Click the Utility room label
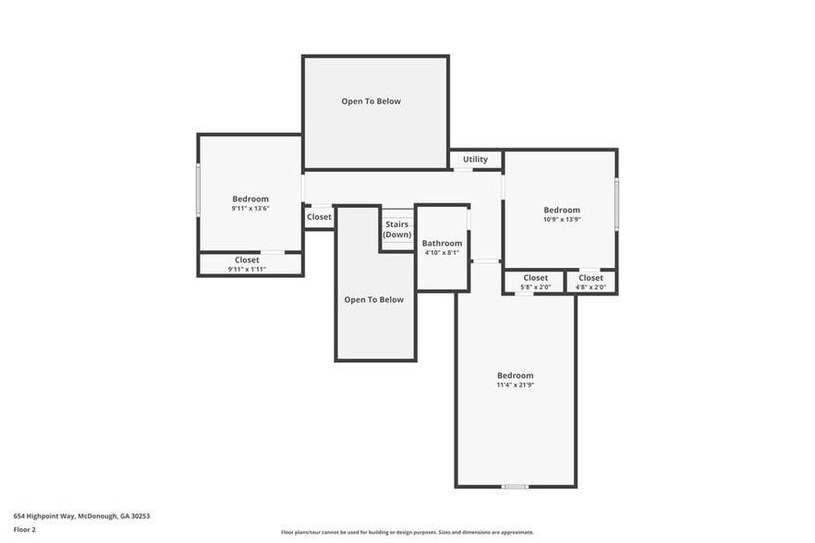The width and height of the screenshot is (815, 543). (475, 160)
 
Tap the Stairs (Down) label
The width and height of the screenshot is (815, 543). (397, 229)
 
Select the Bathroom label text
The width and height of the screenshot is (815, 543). (442, 244)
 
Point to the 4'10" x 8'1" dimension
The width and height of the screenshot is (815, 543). (442, 253)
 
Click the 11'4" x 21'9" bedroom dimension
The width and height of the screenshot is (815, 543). (516, 385)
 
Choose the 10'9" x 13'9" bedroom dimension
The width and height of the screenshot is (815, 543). (562, 220)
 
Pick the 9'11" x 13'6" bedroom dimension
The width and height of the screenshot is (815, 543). (250, 209)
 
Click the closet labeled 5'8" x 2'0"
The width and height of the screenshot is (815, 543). (535, 283)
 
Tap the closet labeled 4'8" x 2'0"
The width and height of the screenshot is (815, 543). (590, 283)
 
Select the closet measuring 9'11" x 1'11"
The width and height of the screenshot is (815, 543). (247, 264)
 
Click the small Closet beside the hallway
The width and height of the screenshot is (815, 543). (319, 217)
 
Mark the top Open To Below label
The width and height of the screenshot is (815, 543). (371, 102)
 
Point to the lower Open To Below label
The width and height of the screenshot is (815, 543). (374, 299)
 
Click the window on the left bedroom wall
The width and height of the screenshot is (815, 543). (198, 190)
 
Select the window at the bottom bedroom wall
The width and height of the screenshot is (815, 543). (515, 487)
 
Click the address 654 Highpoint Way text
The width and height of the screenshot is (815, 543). (81, 516)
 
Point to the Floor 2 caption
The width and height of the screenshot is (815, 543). (25, 530)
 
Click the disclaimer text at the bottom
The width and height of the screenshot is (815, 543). (407, 532)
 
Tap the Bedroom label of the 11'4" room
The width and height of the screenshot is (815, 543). (516, 375)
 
